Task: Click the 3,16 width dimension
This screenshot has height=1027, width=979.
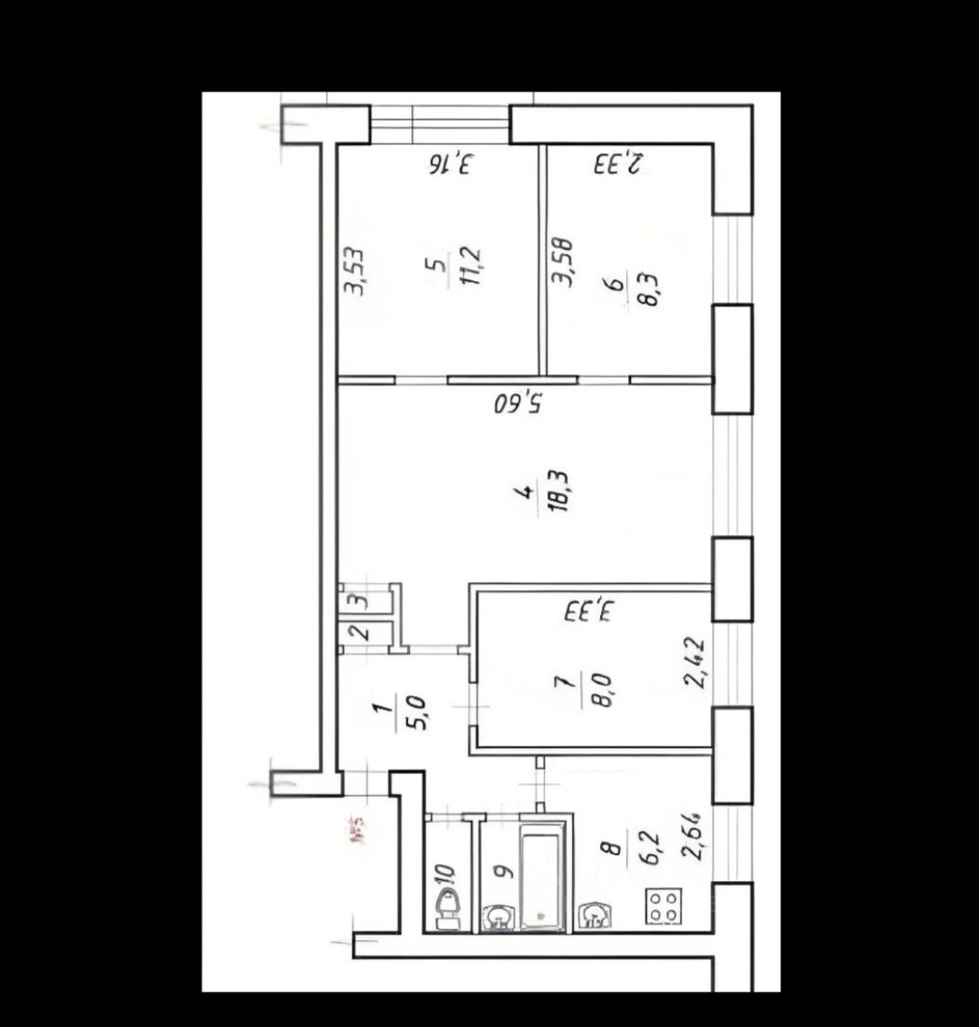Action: coord(451,165)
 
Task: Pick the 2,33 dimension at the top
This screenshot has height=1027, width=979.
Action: coord(619,165)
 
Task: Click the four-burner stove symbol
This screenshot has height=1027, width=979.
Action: coord(664,906)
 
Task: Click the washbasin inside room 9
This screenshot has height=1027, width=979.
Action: coord(496,918)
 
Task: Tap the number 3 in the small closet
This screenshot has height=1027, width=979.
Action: coord(360,599)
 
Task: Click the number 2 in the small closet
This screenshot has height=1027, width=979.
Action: coord(360,631)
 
